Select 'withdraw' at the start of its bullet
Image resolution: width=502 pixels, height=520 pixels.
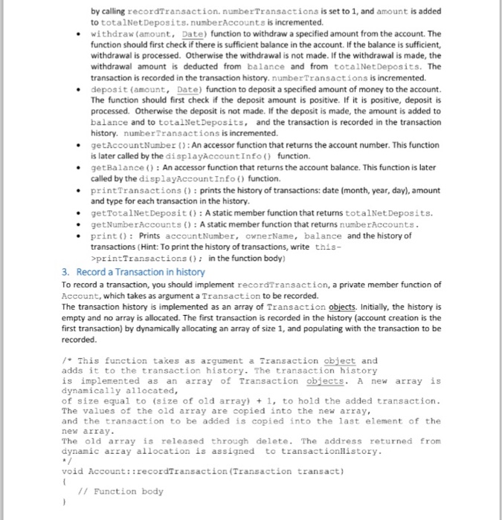pyautogui.click(x=111, y=34)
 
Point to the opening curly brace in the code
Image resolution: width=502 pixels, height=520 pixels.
pyautogui.click(x=64, y=481)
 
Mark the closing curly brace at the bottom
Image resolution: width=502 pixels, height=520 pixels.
pyautogui.click(x=64, y=502)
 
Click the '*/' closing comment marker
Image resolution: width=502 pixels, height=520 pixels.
pyautogui.click(x=65, y=461)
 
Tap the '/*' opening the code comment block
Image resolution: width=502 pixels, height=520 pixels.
pyautogui.click(x=65, y=360)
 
